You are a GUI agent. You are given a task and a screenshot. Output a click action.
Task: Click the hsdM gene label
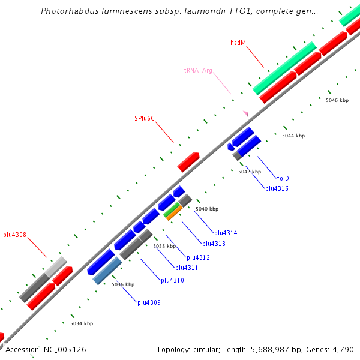tap(238, 43)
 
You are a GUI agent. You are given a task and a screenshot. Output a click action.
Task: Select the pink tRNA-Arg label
tap(198, 71)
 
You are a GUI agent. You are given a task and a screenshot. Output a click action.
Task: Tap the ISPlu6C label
tap(144, 119)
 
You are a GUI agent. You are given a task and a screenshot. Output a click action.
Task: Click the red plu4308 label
tap(14, 235)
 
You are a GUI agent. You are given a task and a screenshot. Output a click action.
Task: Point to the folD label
tap(283, 178)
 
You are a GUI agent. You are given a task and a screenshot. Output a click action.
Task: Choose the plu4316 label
tap(277, 189)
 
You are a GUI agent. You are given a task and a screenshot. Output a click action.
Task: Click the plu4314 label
tap(226, 233)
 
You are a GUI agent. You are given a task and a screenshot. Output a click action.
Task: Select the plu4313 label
tap(214, 244)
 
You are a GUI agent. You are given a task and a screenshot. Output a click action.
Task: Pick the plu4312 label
tap(198, 257)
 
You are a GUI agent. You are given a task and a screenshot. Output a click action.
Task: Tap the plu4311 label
tap(186, 268)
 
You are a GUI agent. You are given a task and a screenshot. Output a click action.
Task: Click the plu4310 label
tap(172, 280)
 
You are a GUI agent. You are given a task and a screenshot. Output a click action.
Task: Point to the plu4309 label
tap(149, 302)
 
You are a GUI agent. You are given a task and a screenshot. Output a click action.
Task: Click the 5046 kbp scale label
tap(337, 100)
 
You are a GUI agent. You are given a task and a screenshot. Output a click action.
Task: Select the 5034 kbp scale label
tap(82, 324)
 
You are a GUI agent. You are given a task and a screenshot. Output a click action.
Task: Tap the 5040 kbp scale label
tap(207, 209)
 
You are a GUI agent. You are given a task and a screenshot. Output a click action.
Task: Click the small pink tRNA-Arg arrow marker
tap(245, 113)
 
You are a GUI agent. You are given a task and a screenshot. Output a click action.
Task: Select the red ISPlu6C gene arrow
tap(188, 161)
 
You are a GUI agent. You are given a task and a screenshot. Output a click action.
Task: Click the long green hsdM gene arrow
tap(284, 68)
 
